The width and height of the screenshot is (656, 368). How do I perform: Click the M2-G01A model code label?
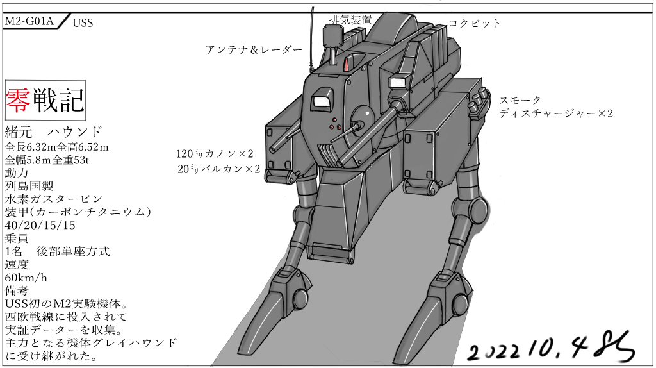point(29,21)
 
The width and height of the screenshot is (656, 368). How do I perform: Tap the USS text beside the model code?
point(83,23)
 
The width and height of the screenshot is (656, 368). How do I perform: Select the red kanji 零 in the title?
point(18,98)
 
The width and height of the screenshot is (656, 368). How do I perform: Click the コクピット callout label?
point(474,24)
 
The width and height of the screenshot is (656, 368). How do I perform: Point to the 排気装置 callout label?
point(350,19)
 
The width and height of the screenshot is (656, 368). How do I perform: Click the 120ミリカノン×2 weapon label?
point(215,154)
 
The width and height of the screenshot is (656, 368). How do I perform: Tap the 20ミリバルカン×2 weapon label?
point(219,169)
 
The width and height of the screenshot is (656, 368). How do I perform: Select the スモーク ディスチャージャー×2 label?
point(556,107)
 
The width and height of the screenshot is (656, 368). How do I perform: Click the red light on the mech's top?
point(346,64)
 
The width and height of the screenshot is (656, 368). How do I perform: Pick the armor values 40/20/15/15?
point(40,225)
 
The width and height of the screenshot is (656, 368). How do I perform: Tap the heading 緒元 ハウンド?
point(54,132)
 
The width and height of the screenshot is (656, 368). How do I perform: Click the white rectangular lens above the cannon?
point(398,83)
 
